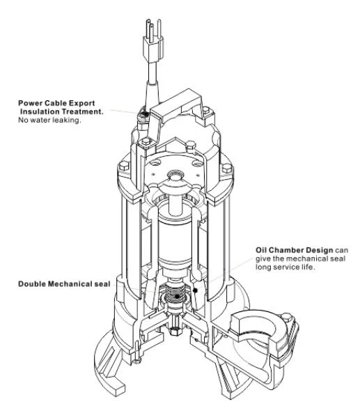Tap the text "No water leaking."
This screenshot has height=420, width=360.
pos(49,120)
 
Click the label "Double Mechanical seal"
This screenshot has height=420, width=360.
pos(64,284)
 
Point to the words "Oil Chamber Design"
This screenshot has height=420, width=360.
pos(295,251)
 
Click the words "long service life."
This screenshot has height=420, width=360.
pos(285,267)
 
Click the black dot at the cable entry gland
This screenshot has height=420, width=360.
pos(145,114)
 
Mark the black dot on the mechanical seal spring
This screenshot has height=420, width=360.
pos(177,296)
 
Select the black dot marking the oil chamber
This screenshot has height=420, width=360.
pos(196,290)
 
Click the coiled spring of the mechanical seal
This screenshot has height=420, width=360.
pos(175,293)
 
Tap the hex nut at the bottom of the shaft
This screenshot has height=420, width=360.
pos(175,331)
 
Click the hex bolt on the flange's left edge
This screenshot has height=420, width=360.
pos(124,167)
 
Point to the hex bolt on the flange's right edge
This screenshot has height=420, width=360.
pos(227,168)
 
